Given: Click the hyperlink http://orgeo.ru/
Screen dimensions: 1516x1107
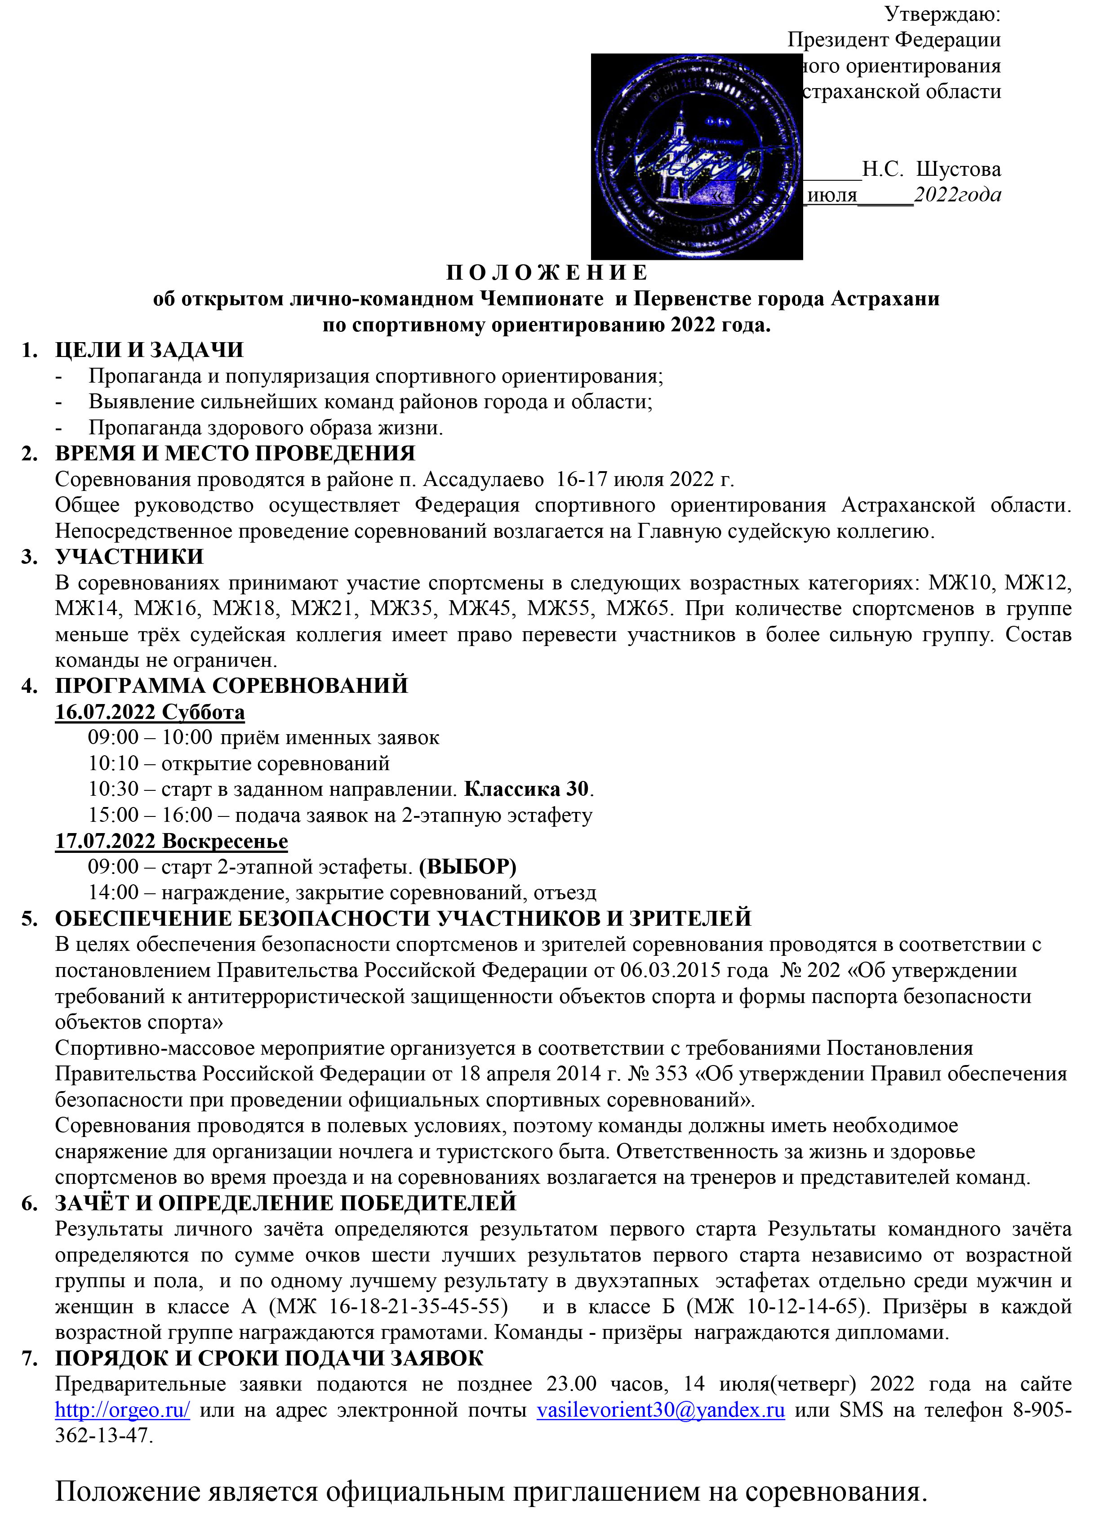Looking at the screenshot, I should pyautogui.click(x=123, y=1410).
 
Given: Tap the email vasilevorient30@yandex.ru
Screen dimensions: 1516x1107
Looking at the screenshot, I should pyautogui.click(x=661, y=1410).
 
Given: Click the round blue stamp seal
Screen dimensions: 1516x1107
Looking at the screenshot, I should pyautogui.click(x=697, y=156).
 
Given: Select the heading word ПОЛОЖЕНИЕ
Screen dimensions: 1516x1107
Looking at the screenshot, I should pyautogui.click(x=547, y=273).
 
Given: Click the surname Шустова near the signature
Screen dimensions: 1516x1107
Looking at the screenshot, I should pyautogui.click(x=958, y=169).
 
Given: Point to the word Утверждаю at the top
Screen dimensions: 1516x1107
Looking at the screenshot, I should pyautogui.click(x=942, y=13).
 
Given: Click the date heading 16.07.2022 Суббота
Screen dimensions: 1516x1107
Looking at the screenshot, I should pyautogui.click(x=150, y=712).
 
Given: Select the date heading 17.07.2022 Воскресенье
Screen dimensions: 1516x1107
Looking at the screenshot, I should pyautogui.click(x=172, y=841).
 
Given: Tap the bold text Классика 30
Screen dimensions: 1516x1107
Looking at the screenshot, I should pyautogui.click(x=527, y=789).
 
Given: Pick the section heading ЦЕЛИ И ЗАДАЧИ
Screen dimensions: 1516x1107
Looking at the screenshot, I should pyautogui.click(x=149, y=350).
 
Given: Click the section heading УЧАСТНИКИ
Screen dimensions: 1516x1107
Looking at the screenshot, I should pyautogui.click(x=129, y=557).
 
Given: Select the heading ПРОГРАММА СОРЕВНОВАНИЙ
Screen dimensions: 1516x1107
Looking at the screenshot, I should pyautogui.click(x=232, y=686).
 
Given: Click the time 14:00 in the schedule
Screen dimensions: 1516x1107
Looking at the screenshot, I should pyautogui.click(x=113, y=893).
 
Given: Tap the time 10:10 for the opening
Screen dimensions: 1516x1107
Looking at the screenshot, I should pyautogui.click(x=113, y=763).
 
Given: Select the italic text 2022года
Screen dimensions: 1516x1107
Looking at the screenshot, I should pyautogui.click(x=958, y=195).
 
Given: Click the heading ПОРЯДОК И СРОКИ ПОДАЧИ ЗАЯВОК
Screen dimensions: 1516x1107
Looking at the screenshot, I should pyautogui.click(x=269, y=1358).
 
